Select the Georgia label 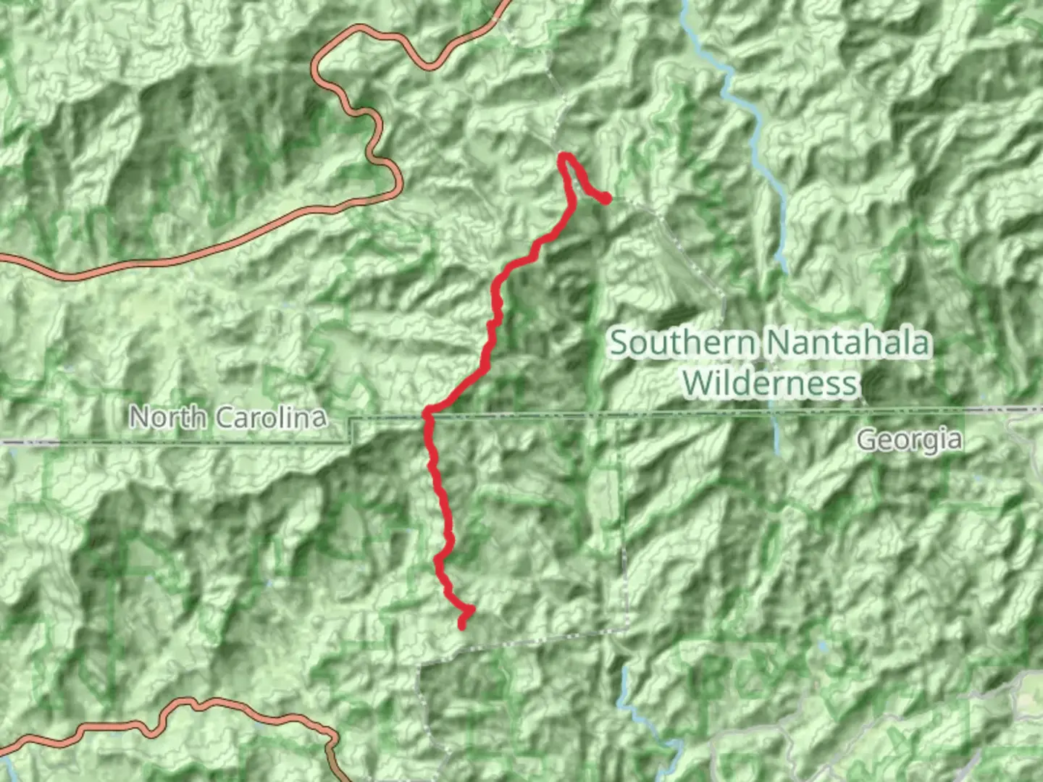(910, 440)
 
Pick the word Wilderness (770, 382)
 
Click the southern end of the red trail (462, 626)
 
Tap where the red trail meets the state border (428, 414)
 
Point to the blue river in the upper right (753, 138)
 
